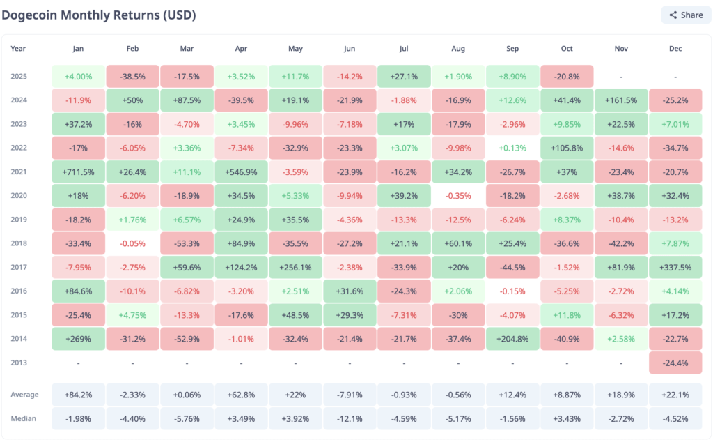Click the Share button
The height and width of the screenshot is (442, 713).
686,15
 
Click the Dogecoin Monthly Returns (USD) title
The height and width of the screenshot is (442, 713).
98,15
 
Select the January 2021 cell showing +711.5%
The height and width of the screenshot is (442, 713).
78,172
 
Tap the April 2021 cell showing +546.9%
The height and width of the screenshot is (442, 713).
241,172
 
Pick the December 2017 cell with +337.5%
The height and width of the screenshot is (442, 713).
675,267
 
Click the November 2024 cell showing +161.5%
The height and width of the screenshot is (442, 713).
621,100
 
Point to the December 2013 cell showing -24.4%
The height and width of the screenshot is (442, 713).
675,363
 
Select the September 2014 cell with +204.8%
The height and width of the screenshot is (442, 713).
512,339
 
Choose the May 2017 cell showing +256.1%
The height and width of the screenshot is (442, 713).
295,267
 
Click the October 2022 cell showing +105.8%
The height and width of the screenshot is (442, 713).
567,148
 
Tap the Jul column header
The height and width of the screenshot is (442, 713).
404,49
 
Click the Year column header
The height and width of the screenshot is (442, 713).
19,49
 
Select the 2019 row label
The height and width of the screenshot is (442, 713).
19,220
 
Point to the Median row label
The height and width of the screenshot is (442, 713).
24,418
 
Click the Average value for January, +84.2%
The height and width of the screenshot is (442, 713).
78,395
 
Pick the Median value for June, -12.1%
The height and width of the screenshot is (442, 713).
350,418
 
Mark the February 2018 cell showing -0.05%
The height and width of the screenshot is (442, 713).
132,243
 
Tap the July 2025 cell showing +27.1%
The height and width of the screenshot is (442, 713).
404,76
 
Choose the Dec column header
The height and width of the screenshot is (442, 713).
675,49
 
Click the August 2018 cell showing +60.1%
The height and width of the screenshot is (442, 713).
458,243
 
